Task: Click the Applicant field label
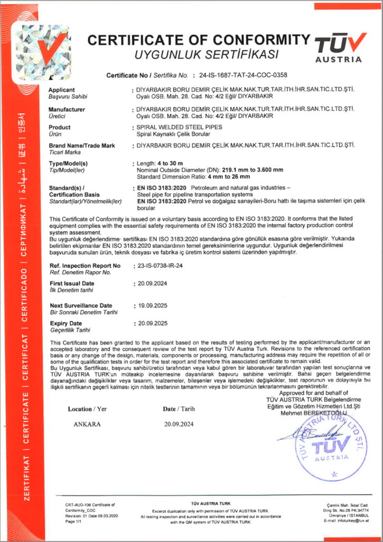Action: (x=62, y=90)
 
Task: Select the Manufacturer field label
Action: (x=66, y=109)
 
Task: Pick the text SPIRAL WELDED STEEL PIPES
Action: (x=180, y=128)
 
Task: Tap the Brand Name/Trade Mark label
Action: (x=82, y=146)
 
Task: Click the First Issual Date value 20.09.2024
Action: (x=153, y=284)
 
